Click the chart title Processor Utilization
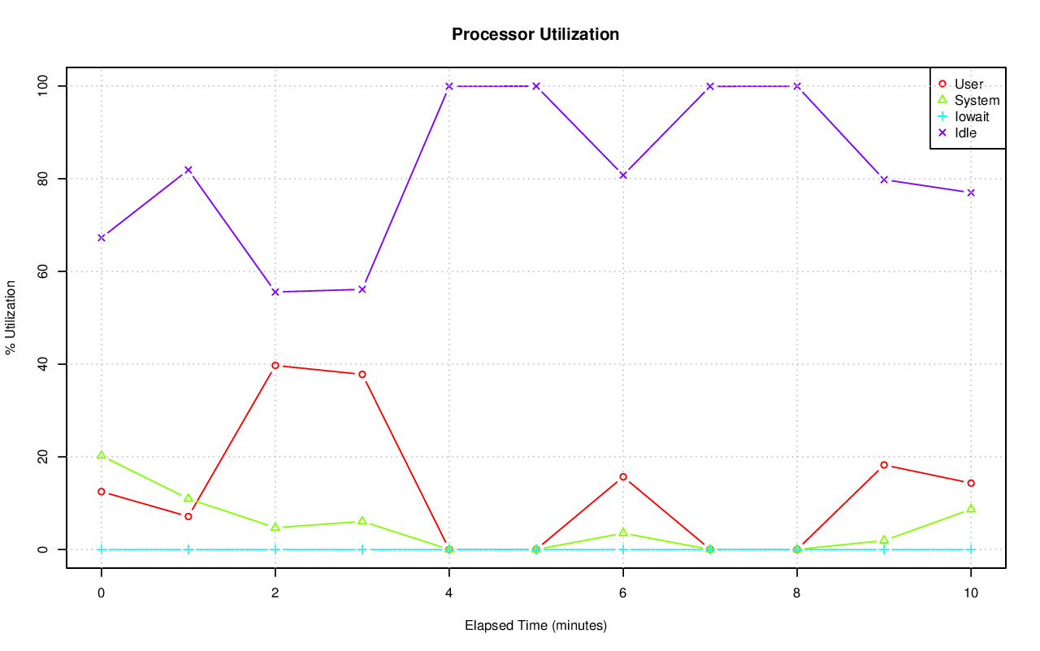[x=535, y=34]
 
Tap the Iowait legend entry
[x=972, y=116]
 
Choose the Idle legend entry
[x=965, y=132]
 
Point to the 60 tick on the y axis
[x=43, y=271]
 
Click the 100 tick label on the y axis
[x=43, y=86]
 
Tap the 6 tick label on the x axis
[x=623, y=593]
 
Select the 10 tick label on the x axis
[x=970, y=593]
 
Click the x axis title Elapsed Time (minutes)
[x=535, y=626]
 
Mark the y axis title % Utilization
[x=11, y=318]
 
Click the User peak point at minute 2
[x=275, y=366]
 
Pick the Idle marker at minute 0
[x=102, y=237]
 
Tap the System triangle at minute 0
[x=102, y=455]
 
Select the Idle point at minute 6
[x=623, y=176]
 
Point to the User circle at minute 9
[x=883, y=465]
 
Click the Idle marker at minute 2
[x=275, y=292]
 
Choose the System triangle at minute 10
[x=970, y=509]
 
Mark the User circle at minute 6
[x=623, y=477]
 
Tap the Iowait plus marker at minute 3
[x=362, y=549]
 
